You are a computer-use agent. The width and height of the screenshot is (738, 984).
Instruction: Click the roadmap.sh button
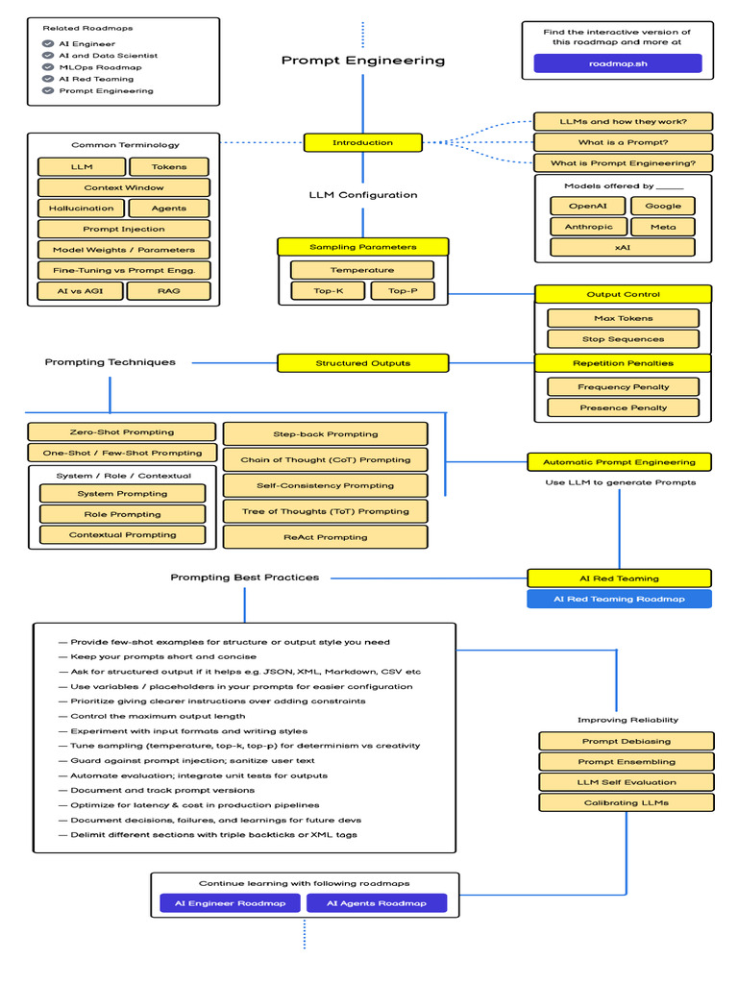[x=618, y=63]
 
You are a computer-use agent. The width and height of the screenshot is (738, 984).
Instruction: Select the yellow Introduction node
[x=362, y=142]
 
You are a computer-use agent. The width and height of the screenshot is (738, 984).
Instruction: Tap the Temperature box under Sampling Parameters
[x=362, y=270]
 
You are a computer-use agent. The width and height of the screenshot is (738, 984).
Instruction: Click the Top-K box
[x=328, y=290]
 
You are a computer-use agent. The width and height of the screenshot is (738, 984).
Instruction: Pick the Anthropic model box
[x=587, y=227]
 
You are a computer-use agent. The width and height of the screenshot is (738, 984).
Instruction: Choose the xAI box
[x=623, y=248]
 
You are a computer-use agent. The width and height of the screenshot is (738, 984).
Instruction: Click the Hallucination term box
[x=81, y=209]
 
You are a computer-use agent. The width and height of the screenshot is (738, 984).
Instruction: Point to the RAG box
[x=168, y=290]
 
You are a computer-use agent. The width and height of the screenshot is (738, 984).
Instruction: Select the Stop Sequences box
[x=623, y=339]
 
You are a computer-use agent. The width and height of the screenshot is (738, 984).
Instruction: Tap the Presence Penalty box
[x=623, y=407]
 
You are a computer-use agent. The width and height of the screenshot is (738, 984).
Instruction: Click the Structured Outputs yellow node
[x=362, y=363]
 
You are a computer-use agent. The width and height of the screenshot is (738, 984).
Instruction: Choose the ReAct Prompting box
[x=325, y=537]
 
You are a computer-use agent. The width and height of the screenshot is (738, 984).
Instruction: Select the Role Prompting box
[x=122, y=514]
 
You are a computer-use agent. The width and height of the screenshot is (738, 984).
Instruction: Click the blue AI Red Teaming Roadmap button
[x=619, y=599]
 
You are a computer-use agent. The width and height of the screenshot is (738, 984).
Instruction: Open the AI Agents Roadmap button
[x=376, y=903]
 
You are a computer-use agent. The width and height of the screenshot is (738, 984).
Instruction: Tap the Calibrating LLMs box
[x=626, y=802]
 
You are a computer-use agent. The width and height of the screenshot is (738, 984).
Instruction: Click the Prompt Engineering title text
[x=362, y=61]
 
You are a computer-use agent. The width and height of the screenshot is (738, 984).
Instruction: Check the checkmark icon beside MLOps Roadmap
[x=48, y=67]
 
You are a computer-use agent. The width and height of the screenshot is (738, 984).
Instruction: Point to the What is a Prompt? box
[x=623, y=142]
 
